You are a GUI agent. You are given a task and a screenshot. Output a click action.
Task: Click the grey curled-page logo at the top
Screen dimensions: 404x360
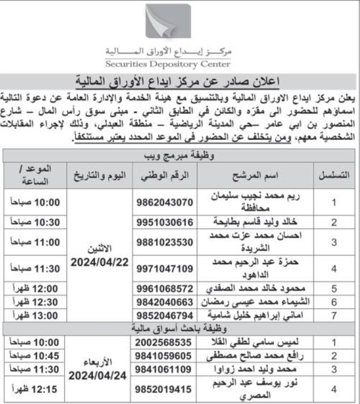168,21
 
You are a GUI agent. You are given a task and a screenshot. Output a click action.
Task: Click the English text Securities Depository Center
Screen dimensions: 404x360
168,65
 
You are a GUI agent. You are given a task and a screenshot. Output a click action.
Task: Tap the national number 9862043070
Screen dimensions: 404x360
165,202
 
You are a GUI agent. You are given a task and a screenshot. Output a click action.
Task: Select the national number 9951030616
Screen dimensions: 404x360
165,223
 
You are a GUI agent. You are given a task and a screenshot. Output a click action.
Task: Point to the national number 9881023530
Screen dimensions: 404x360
165,242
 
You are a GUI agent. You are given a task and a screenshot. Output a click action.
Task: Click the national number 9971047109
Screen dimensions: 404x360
165,268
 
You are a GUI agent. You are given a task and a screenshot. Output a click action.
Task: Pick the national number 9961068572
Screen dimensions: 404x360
165,289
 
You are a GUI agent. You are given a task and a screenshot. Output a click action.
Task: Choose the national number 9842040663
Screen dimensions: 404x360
165,302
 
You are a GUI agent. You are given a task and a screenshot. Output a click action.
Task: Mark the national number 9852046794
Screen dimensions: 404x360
165,316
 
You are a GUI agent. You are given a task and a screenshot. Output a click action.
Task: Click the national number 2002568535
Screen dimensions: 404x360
165,342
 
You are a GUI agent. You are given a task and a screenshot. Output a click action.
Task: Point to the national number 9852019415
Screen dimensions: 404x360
165,389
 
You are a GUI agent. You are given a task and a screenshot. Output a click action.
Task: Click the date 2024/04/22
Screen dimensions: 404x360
99,262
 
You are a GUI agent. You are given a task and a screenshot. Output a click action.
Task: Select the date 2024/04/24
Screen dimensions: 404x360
98,376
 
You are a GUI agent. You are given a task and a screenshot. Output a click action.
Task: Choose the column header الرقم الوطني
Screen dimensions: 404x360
165,175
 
